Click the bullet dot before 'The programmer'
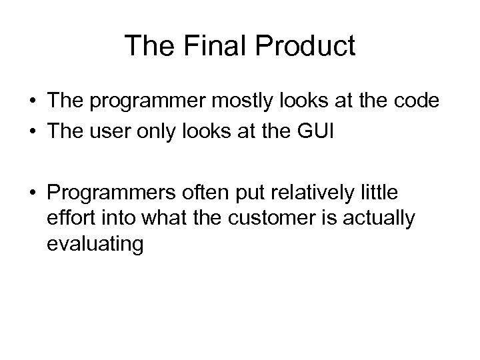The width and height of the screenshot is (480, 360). pyautogui.click(x=31, y=101)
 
